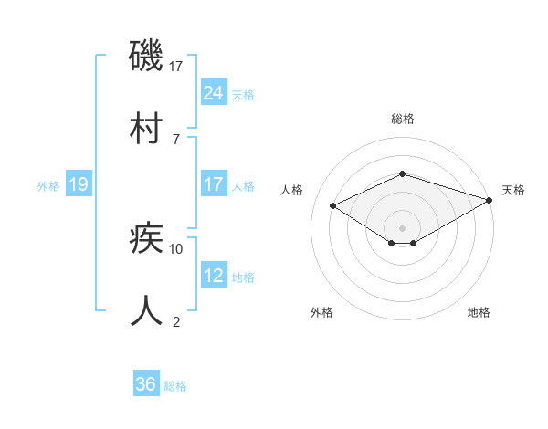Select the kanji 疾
click(x=147, y=239)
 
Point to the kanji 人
click(x=147, y=310)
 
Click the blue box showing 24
click(x=213, y=92)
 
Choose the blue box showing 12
click(x=213, y=276)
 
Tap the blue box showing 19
click(x=78, y=184)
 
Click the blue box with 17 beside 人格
click(x=213, y=184)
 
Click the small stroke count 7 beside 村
click(x=176, y=139)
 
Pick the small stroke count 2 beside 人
click(x=176, y=321)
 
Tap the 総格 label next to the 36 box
click(x=175, y=386)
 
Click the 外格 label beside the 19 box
click(x=48, y=186)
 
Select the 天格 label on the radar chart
click(x=513, y=190)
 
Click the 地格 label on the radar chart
click(x=479, y=312)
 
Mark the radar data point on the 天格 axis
click(x=490, y=199)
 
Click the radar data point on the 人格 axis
click(x=333, y=205)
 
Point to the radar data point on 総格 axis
click(x=402, y=173)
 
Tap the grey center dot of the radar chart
click(x=402, y=227)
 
